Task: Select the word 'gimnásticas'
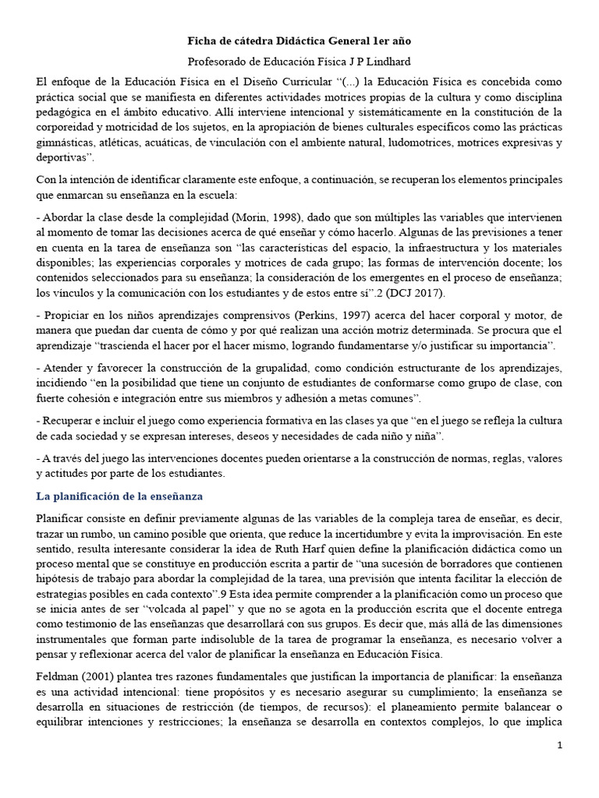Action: pos(67,144)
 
